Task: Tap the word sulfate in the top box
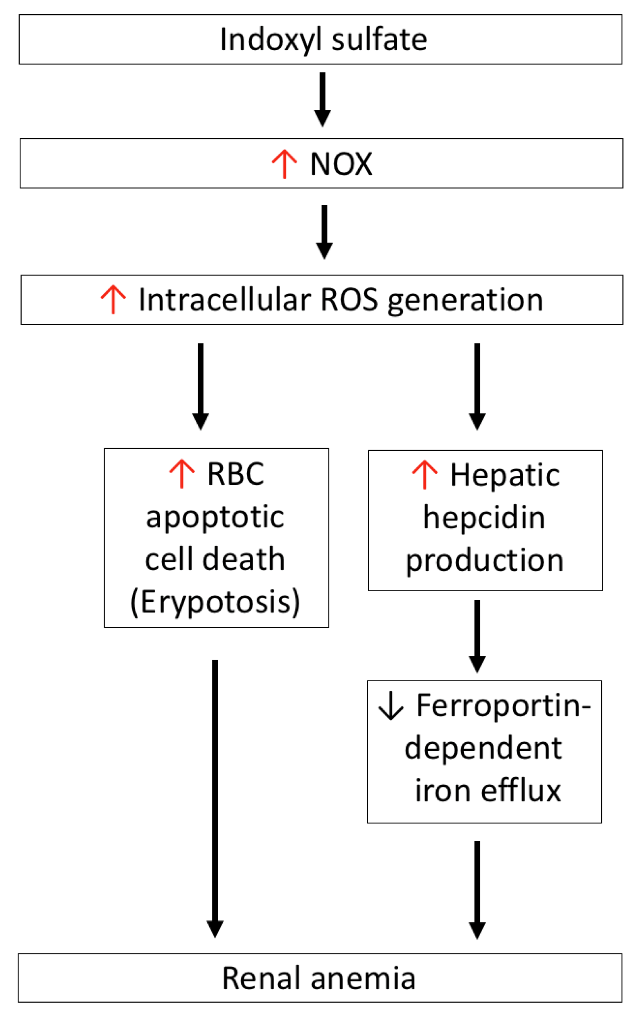point(379,40)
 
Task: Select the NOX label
point(341,164)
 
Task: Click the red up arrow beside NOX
point(284,164)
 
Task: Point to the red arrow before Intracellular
point(113,299)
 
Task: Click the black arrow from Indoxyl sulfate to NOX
point(322,99)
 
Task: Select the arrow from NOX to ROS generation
point(324,231)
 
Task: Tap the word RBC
point(236,474)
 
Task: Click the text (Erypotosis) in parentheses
point(215,602)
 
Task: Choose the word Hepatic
point(505,475)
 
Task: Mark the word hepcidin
point(484,518)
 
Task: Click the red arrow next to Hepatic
point(424,475)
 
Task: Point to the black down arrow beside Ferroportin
point(390,706)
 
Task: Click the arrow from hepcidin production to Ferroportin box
point(477,635)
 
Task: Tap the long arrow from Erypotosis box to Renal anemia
point(215,797)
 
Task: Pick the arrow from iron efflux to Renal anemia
point(477,889)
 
